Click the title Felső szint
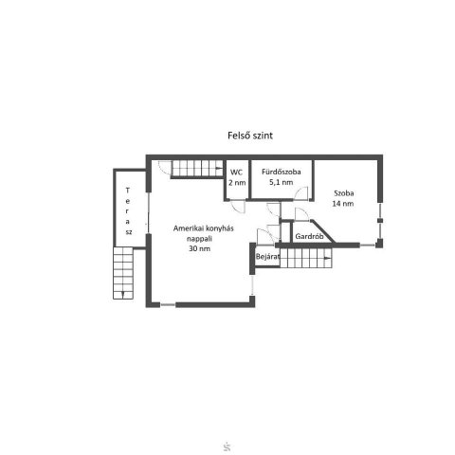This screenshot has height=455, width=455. pyautogui.click(x=250, y=136)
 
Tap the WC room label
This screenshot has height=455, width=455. pyautogui.click(x=236, y=173)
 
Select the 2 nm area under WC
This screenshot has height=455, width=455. pyautogui.click(x=237, y=182)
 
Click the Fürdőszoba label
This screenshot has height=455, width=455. pyautogui.click(x=282, y=172)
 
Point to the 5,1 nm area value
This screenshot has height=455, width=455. pyautogui.click(x=281, y=182)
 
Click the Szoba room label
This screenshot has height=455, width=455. pyautogui.click(x=344, y=193)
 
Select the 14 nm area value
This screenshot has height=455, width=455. pyautogui.click(x=343, y=204)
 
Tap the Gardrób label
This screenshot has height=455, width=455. pyautogui.click(x=309, y=236)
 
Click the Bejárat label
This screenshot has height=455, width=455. pyautogui.click(x=267, y=257)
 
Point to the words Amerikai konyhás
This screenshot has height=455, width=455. pyautogui.click(x=204, y=228)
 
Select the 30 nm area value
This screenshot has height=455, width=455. pyautogui.click(x=199, y=248)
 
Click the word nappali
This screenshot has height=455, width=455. pyautogui.click(x=199, y=239)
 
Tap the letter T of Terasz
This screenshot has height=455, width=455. pyautogui.click(x=128, y=191)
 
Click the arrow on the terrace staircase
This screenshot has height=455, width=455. pyautogui.click(x=123, y=295)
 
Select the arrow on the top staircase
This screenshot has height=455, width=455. pyautogui.click(x=219, y=168)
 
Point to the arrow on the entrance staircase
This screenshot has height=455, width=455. pyautogui.click(x=328, y=258)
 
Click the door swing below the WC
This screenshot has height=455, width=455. pyautogui.click(x=239, y=207)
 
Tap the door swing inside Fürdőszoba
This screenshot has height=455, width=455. pyautogui.click(x=300, y=193)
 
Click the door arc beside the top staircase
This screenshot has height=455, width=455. pyautogui.click(x=164, y=167)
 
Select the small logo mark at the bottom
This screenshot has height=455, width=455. pyautogui.click(x=227, y=447)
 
